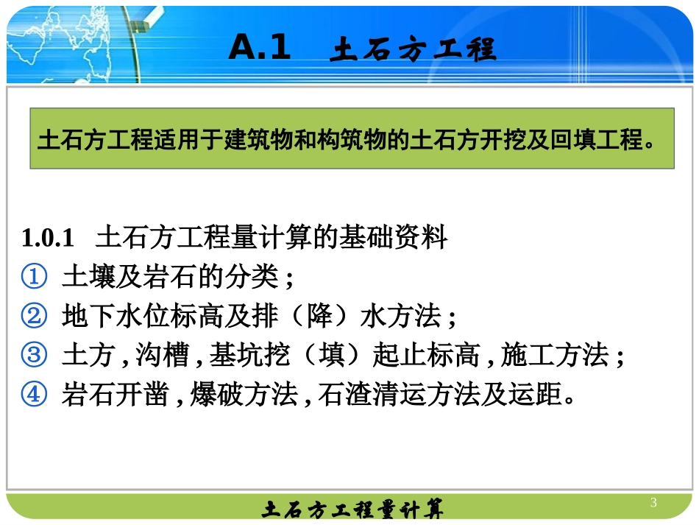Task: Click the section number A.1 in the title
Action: tap(260, 49)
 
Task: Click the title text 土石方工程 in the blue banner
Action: tap(414, 50)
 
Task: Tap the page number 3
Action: tap(653, 503)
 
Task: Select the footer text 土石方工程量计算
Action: tap(352, 509)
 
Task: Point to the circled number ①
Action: tap(34, 278)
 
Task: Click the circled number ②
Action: tap(34, 317)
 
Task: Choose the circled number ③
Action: tap(34, 356)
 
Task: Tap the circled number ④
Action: tap(34, 395)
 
